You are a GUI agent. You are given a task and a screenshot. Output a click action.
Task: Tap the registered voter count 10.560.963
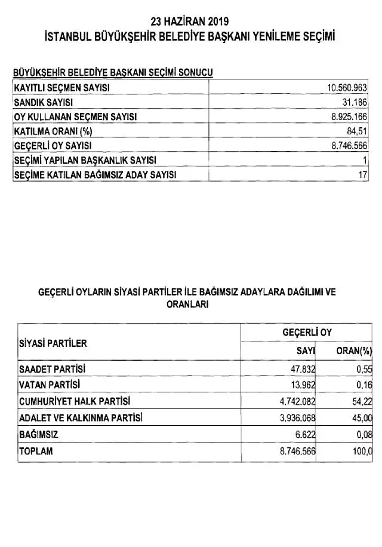[347, 88]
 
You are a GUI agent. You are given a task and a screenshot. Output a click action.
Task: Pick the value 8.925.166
[349, 117]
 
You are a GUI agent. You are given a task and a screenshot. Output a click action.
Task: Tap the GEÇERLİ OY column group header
[307, 332]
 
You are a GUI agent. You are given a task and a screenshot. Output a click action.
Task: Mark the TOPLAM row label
[36, 451]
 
